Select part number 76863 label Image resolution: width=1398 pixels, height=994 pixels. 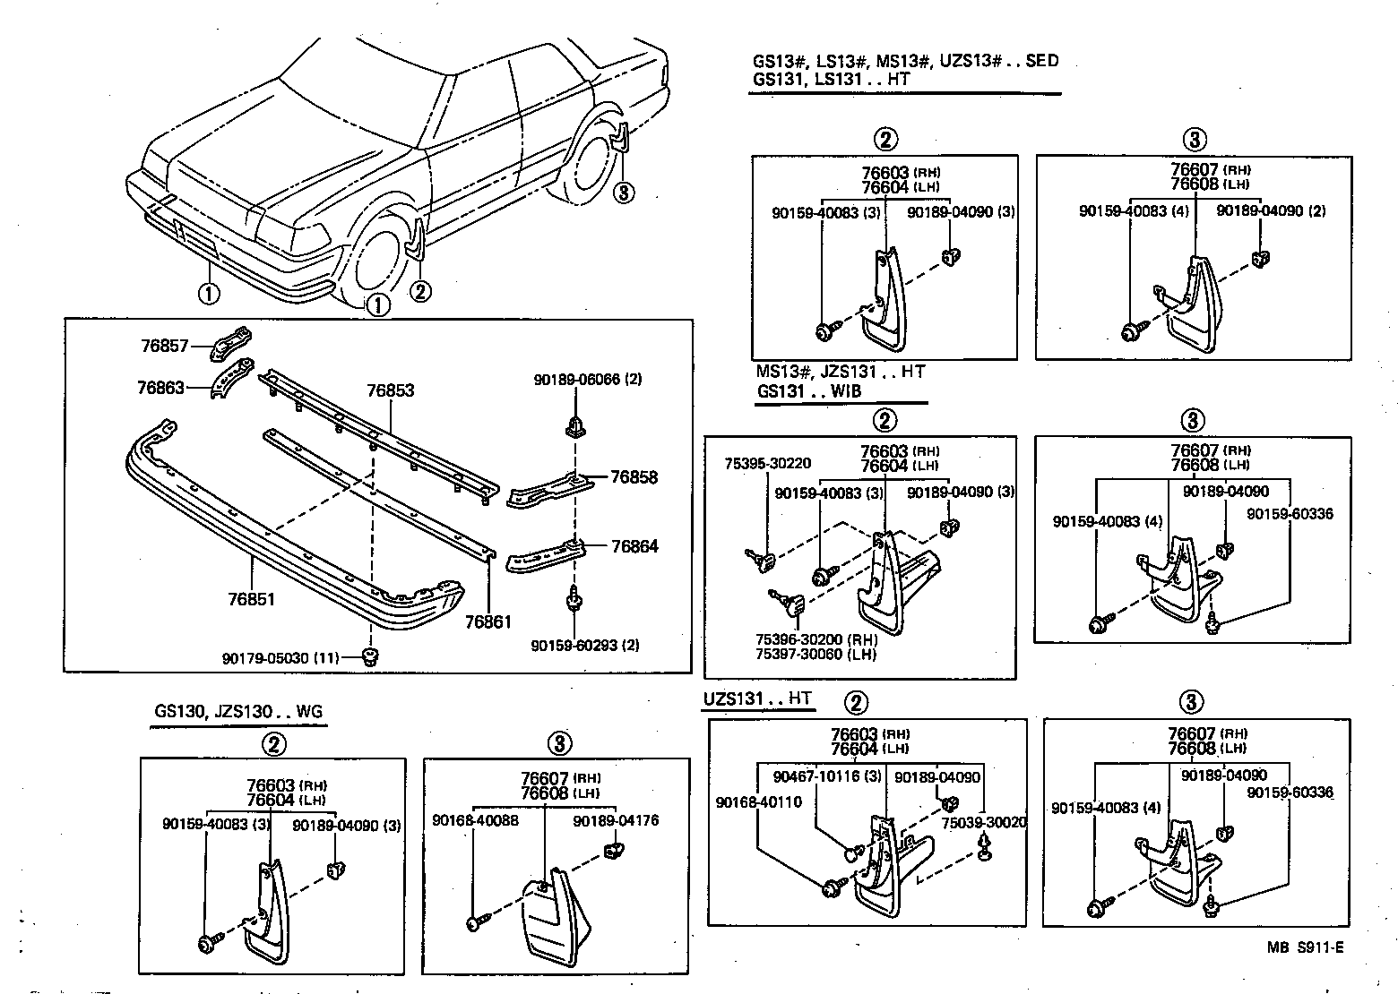160,388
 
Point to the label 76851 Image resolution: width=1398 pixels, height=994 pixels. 251,599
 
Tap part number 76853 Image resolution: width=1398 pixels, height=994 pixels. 391,391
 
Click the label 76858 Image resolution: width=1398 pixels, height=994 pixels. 634,477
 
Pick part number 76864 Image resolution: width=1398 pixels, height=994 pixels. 634,546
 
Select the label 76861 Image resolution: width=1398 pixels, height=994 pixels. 488,621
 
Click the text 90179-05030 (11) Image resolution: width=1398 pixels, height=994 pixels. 280,658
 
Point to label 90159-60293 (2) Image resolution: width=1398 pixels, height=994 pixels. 584,645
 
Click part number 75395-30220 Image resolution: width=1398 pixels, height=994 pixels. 770,463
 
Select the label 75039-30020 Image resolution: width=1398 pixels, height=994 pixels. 984,822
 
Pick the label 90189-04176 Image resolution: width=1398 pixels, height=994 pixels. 616,819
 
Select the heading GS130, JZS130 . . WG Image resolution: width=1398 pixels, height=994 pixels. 237,712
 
